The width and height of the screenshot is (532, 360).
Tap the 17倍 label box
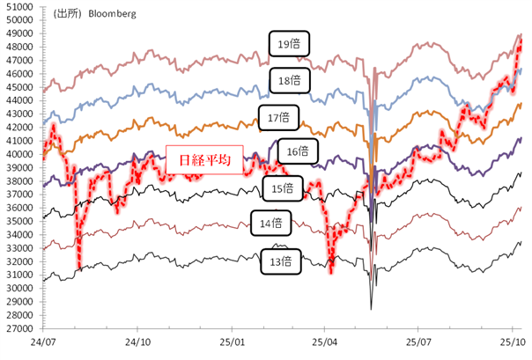(279, 116)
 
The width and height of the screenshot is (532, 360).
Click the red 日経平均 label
(199, 161)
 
